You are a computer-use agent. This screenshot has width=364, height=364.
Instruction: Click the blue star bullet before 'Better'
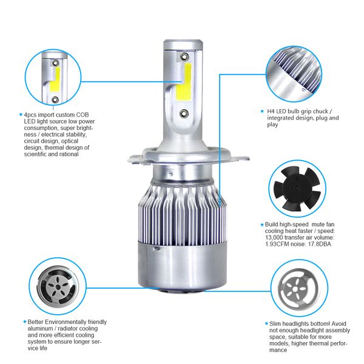pos(25,322)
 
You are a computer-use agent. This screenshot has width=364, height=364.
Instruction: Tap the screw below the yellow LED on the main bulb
pos(183,112)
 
